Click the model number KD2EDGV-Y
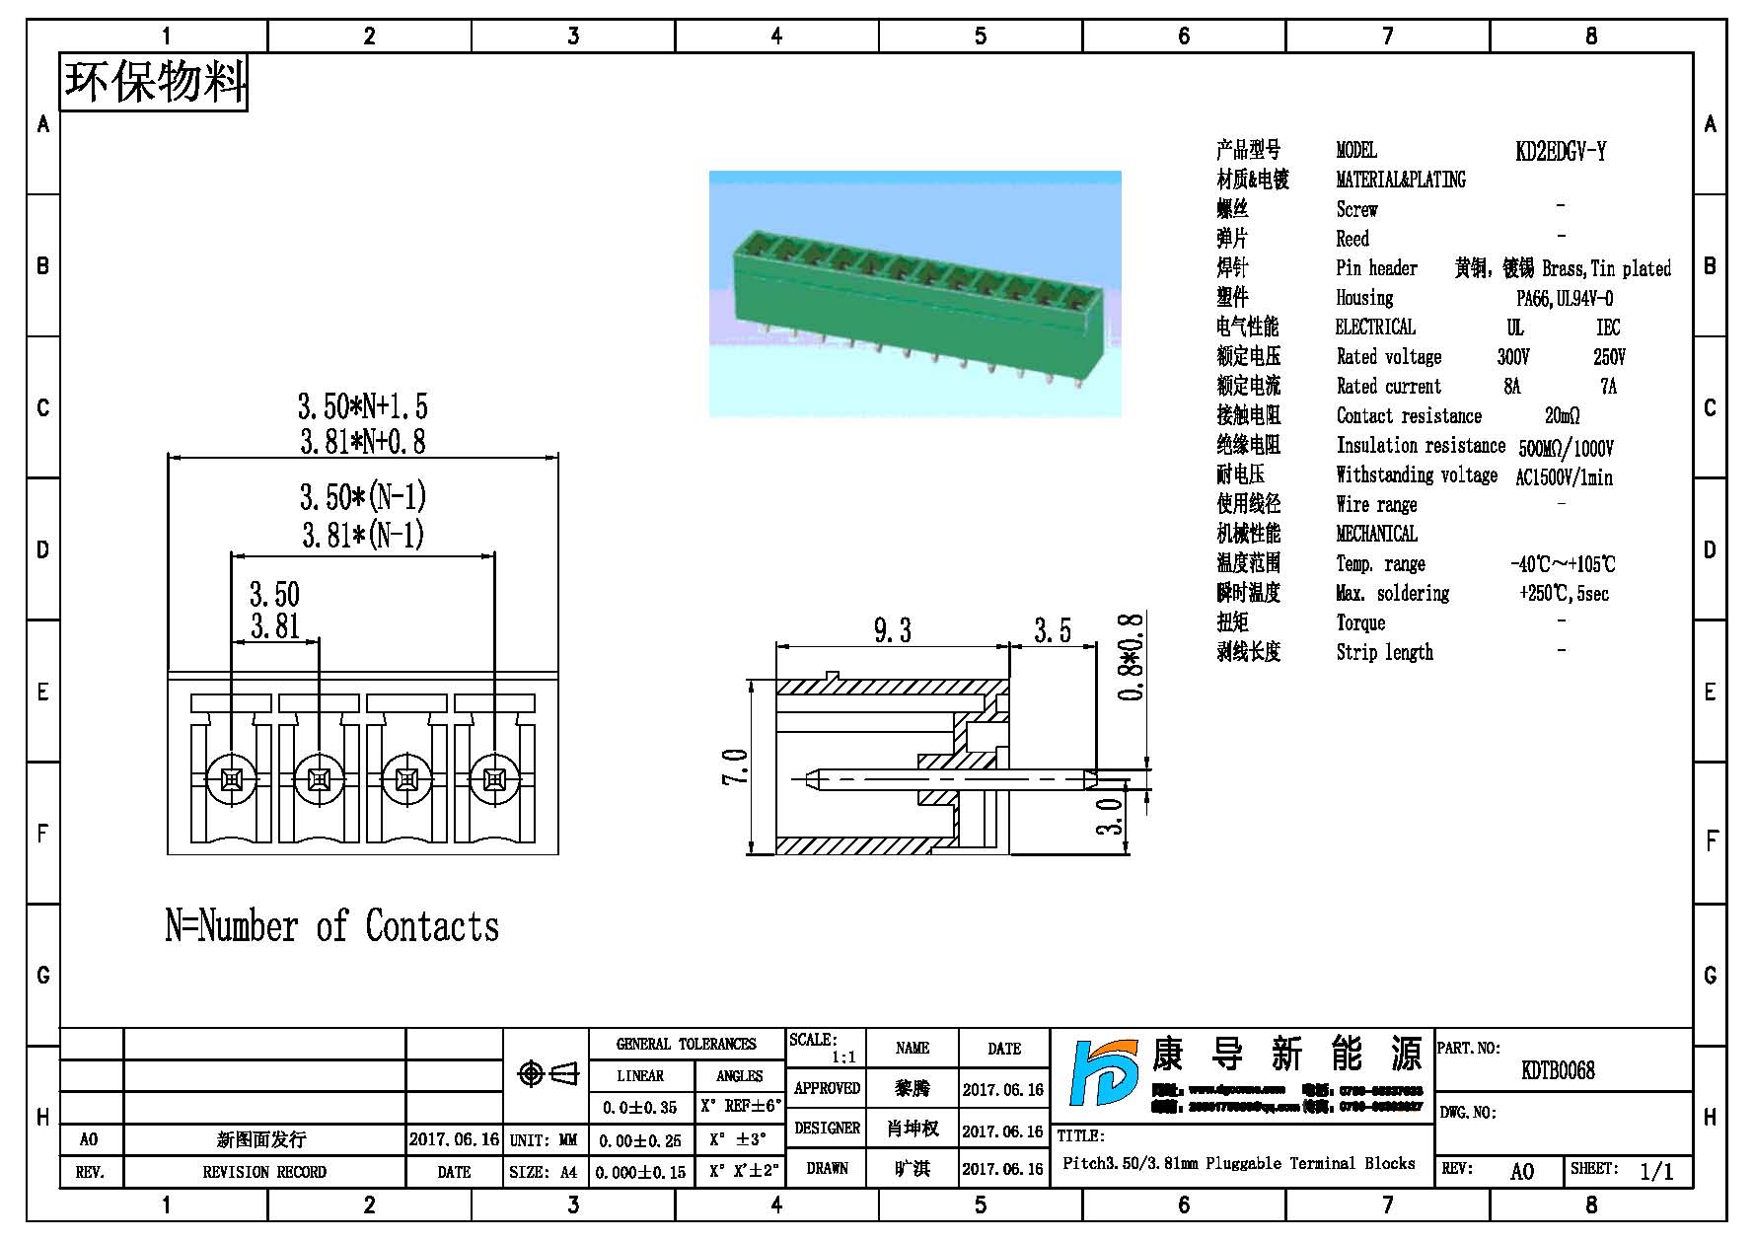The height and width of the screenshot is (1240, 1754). pos(1560,151)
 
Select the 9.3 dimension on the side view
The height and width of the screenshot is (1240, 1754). pos(892,630)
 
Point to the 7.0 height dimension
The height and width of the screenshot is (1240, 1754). pos(736,766)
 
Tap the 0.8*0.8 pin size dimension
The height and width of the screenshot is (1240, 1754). pos(1133,656)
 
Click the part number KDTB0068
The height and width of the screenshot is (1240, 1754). pos(1558,1070)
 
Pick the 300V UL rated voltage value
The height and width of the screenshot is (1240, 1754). pos(1512,356)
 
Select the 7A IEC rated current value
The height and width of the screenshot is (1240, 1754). pos(1608,386)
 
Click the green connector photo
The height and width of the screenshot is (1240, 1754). pos(914,293)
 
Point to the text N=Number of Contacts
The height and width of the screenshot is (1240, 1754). pos(331,926)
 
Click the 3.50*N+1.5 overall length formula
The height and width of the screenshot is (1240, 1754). pos(363,405)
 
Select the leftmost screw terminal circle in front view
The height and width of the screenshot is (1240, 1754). pos(231,780)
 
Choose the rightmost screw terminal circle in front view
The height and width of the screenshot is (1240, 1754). pos(494,780)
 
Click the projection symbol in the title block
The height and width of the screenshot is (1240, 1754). pos(548,1073)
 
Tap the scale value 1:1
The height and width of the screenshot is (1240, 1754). pos(843,1057)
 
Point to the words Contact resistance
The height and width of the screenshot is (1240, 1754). pos(1409,415)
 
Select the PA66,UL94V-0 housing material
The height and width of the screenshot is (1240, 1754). pos(1564,298)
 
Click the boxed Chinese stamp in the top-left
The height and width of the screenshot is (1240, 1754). pos(154,82)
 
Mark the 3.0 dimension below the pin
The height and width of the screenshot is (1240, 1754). pos(1112,816)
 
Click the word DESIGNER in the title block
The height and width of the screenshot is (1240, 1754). pos(827,1128)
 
